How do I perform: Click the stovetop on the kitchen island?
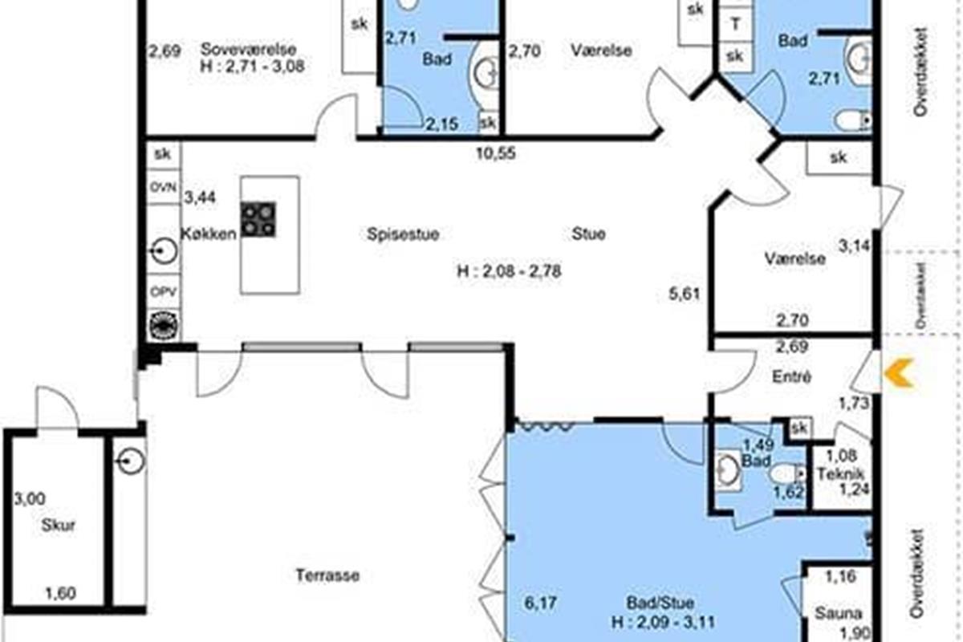(x=258, y=219)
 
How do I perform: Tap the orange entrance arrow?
(x=899, y=372)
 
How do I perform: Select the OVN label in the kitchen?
(x=163, y=188)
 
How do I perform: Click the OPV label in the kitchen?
(x=164, y=291)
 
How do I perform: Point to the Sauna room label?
(x=839, y=613)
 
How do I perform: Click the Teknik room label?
(x=840, y=473)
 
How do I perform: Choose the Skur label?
(x=58, y=525)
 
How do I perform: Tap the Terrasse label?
(x=327, y=575)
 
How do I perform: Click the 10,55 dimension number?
(x=496, y=153)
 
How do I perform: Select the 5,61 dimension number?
(x=685, y=295)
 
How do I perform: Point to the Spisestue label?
(x=403, y=234)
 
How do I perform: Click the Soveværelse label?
(x=249, y=50)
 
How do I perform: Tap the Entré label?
(x=791, y=376)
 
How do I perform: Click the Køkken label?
(x=209, y=234)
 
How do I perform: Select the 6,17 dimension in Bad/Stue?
(x=540, y=603)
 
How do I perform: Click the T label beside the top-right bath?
(x=736, y=25)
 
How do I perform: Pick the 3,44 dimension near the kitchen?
(x=200, y=197)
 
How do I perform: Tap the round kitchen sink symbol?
(x=164, y=250)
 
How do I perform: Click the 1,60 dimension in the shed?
(x=61, y=593)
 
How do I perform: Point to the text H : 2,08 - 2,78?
(x=509, y=271)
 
